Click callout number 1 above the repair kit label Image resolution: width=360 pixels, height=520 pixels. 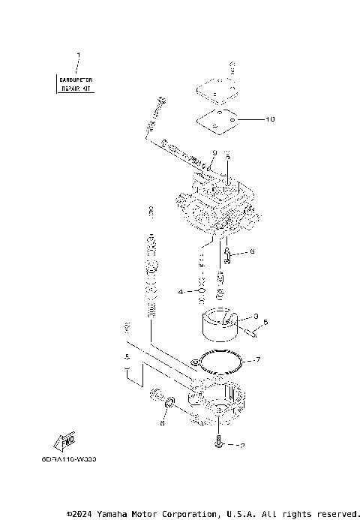tap(78, 55)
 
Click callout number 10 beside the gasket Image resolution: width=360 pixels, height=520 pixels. tap(270, 119)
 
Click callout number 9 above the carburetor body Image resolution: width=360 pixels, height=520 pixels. tap(213, 153)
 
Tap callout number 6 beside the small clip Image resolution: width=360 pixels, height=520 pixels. tap(252, 252)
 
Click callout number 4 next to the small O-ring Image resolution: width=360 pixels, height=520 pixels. tap(181, 290)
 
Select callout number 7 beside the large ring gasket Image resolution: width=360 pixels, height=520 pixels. tap(258, 360)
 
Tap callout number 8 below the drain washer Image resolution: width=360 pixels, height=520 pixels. tap(161, 423)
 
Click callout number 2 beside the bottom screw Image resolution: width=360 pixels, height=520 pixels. tap(241, 445)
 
